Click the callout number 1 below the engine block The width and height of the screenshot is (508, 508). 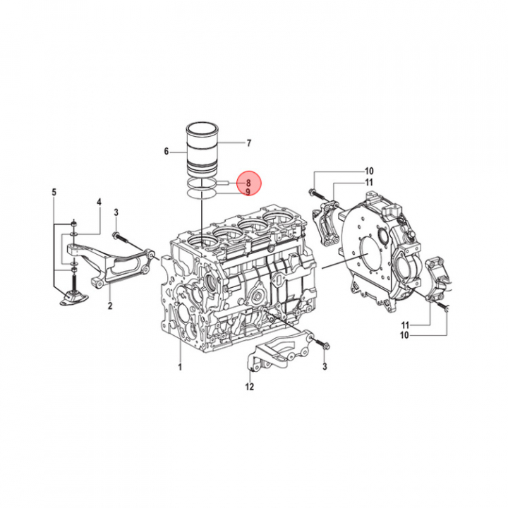coord(180,367)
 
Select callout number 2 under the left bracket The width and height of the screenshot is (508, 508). coord(110,306)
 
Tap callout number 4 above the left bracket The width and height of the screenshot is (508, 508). coord(99,202)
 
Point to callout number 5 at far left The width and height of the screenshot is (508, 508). coord(54,192)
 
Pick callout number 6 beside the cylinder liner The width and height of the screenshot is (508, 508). coord(167,151)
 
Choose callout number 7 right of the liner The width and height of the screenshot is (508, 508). coord(248,143)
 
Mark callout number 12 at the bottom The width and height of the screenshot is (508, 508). coord(250,387)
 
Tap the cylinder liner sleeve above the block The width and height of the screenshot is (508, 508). coord(202,149)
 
